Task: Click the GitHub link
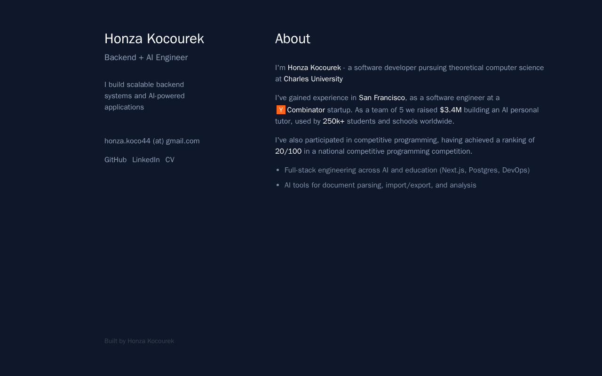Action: (x=115, y=160)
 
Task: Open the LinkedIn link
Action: (x=146, y=160)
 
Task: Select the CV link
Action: (x=170, y=160)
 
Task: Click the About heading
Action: (x=293, y=39)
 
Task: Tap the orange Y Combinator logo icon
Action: (x=281, y=110)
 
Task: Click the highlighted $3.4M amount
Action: (x=451, y=110)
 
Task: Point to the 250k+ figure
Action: (x=333, y=121)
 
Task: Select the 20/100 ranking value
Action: (x=288, y=151)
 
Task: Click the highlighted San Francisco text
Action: (x=381, y=98)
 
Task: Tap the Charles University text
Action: (x=313, y=79)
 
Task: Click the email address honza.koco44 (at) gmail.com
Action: (x=152, y=141)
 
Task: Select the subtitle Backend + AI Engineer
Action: (x=146, y=57)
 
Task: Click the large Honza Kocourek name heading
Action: (x=154, y=39)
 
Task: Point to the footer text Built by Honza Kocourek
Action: (x=139, y=341)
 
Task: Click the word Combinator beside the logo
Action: (x=306, y=110)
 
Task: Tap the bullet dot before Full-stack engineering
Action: (x=278, y=171)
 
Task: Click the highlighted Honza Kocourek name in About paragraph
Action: (x=314, y=68)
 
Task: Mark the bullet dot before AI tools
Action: (x=278, y=186)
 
